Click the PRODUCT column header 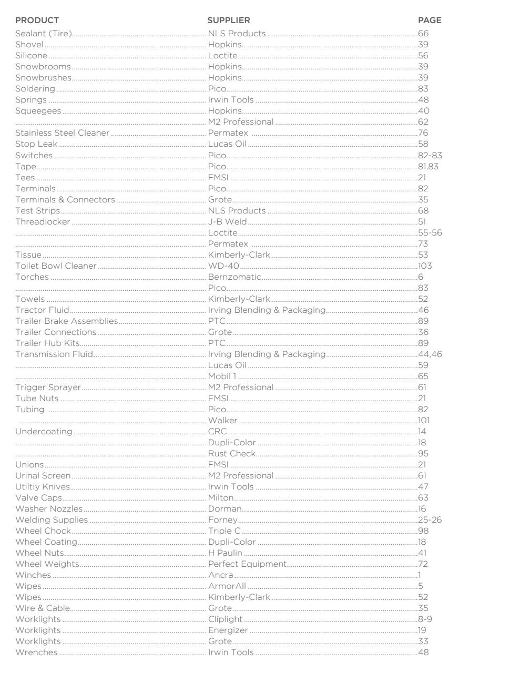click(x=37, y=21)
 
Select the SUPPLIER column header click(x=229, y=21)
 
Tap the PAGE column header click(x=430, y=21)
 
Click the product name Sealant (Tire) click(x=43, y=34)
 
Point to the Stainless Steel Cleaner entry click(x=62, y=133)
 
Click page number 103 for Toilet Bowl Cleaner click(x=425, y=266)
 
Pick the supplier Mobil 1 click(x=222, y=376)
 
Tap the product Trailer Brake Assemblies click(x=66, y=321)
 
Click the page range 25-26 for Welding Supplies click(x=430, y=520)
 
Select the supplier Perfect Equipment click(x=247, y=564)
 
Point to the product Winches click(x=33, y=575)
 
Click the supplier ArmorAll click(x=227, y=586)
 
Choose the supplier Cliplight click(x=225, y=619)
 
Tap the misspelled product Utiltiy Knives click(x=42, y=487)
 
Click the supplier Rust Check click(x=231, y=454)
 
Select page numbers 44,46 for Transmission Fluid click(x=430, y=354)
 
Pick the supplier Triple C click(x=224, y=531)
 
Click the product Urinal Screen click(x=43, y=476)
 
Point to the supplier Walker click(x=222, y=421)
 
